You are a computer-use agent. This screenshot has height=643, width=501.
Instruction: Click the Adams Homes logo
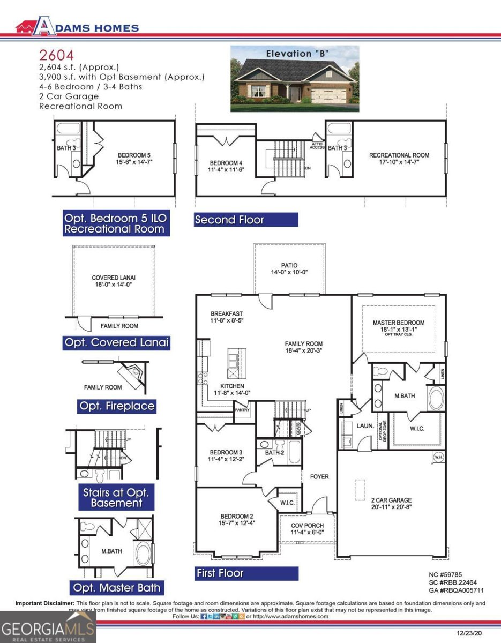coord(77,27)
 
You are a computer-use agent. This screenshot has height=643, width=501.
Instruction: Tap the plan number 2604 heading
coord(56,55)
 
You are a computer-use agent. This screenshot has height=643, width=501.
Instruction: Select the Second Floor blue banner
coord(245,220)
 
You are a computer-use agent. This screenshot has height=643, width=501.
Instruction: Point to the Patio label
coord(289,265)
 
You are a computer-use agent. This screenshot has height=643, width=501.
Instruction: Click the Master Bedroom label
coord(398,323)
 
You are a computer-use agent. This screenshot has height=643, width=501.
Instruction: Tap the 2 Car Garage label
coord(391,500)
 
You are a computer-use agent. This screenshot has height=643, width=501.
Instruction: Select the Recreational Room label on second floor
coord(399,155)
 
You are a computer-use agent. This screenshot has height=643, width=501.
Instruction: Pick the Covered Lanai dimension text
coord(114,285)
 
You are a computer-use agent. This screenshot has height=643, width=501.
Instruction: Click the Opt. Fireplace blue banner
coord(117,406)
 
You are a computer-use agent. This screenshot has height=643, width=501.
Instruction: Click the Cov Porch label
coord(305,526)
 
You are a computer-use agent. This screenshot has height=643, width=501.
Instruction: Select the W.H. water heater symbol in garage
coord(437,457)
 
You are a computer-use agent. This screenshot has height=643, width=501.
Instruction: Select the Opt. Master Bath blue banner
coord(115,587)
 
